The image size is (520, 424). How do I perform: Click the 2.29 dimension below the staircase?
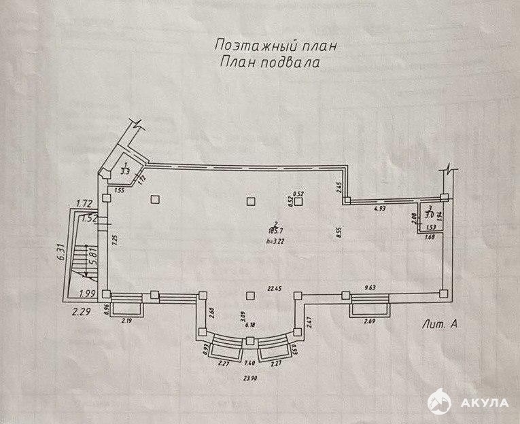[x=81, y=312]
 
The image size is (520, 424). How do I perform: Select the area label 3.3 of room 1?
[x=124, y=171]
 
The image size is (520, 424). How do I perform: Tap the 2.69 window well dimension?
[x=370, y=321]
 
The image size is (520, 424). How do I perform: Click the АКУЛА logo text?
[x=485, y=402]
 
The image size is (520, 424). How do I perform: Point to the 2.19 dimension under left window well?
[x=127, y=320]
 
